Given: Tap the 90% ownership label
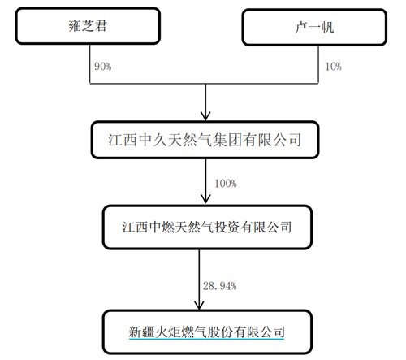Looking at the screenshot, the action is click(103, 67).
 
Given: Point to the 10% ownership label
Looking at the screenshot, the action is click(333, 67).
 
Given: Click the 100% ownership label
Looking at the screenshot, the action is click(226, 184).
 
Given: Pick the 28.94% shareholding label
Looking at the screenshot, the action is click(220, 286).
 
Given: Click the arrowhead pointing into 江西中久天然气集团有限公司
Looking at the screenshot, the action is click(205, 116).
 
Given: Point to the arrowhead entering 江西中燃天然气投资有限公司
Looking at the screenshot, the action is click(205, 199).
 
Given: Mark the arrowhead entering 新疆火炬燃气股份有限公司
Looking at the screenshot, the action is click(199, 305).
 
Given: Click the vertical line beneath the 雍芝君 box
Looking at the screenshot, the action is click(90, 64).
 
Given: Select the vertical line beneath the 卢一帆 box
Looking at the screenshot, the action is click(318, 64).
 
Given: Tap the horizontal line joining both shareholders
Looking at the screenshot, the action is click(204, 84).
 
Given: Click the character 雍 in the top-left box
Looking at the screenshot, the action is click(75, 26).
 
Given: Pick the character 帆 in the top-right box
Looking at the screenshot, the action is click(327, 28).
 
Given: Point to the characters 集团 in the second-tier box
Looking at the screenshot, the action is click(227, 140).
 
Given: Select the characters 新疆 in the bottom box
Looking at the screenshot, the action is click(141, 332).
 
